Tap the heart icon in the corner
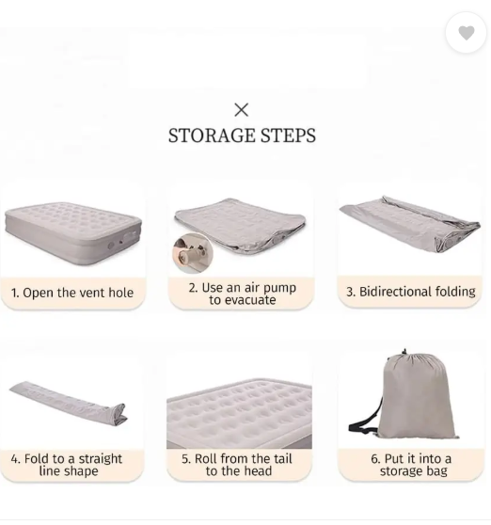(467, 33)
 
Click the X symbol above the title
(242, 110)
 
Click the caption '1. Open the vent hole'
(72, 293)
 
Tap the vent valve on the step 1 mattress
(114, 244)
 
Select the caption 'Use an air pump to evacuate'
(242, 294)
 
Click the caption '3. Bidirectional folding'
(411, 292)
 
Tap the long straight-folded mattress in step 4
(66, 400)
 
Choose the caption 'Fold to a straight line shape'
(68, 465)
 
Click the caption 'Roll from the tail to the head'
(243, 465)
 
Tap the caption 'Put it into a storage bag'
(414, 465)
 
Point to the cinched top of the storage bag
(404, 356)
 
